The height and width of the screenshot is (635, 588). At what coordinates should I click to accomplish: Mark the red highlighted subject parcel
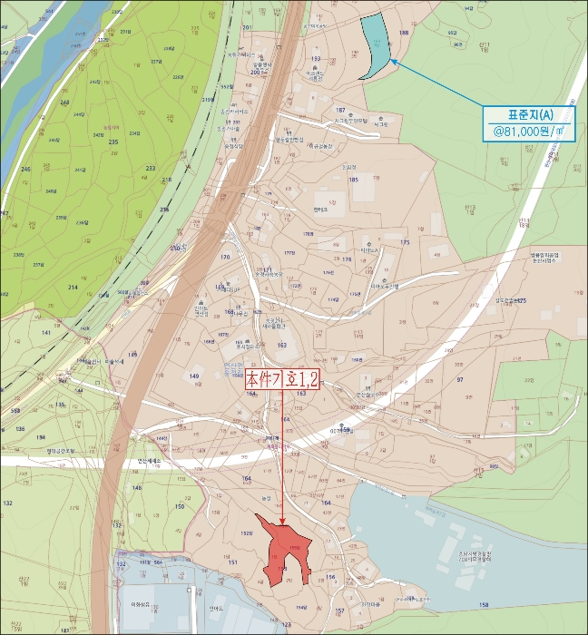coord(285,551)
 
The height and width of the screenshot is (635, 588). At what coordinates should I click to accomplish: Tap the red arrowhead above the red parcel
coord(284,521)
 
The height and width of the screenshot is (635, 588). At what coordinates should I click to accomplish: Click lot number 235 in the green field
coord(113,142)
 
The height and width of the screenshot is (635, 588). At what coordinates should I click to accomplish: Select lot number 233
coord(150,169)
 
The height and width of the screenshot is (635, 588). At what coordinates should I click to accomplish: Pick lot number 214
coord(73,286)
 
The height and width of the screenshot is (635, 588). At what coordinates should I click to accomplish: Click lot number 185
coord(354,181)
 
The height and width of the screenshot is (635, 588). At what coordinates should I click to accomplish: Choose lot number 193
coord(316,58)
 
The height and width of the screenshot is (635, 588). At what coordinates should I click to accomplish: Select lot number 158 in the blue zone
coord(484,604)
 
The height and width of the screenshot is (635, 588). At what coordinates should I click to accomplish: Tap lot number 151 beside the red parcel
coord(232,562)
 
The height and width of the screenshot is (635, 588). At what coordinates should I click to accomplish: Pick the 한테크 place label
coord(319,209)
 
